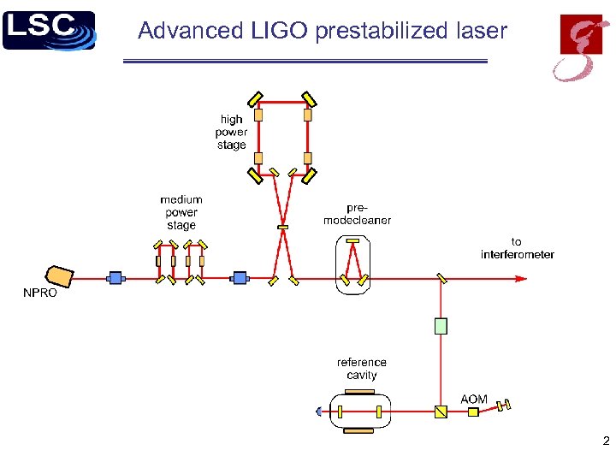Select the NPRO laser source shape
coord(61,276)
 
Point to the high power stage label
coord(231,132)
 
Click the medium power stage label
coord(181,212)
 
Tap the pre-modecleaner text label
coord(357,214)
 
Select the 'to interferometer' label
coord(517,248)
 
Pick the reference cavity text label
coord(362,369)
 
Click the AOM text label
coord(474,400)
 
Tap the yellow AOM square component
coord(473,412)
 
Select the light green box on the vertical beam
coord(441,326)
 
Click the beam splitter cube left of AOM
coord(441,412)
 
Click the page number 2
coord(605,442)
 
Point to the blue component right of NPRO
coord(115,278)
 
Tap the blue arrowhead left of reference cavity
coord(318,412)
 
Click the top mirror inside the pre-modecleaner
coord(353,243)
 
